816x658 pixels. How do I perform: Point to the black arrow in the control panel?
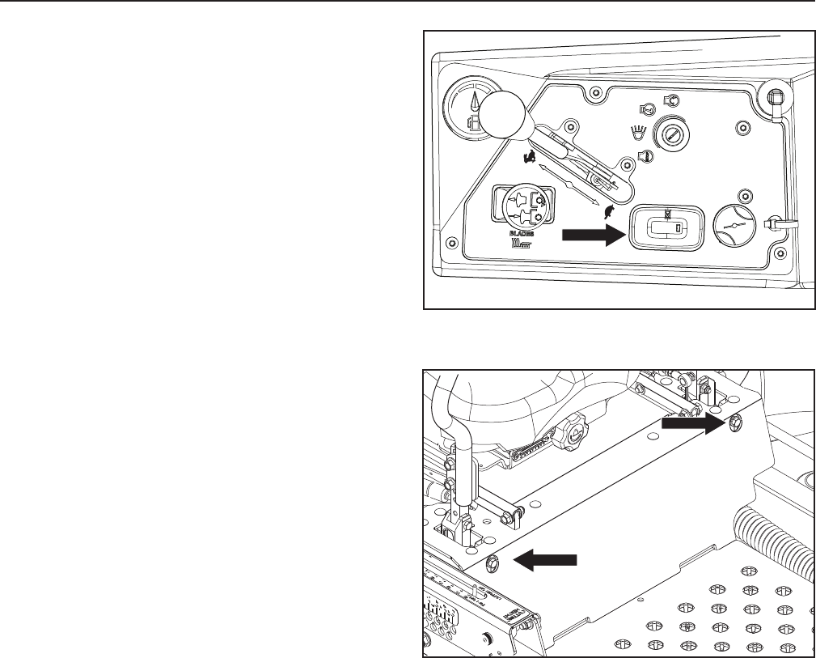point(593,234)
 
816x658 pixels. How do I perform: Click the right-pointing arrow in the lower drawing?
point(691,422)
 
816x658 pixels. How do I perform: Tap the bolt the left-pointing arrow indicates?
point(494,561)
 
